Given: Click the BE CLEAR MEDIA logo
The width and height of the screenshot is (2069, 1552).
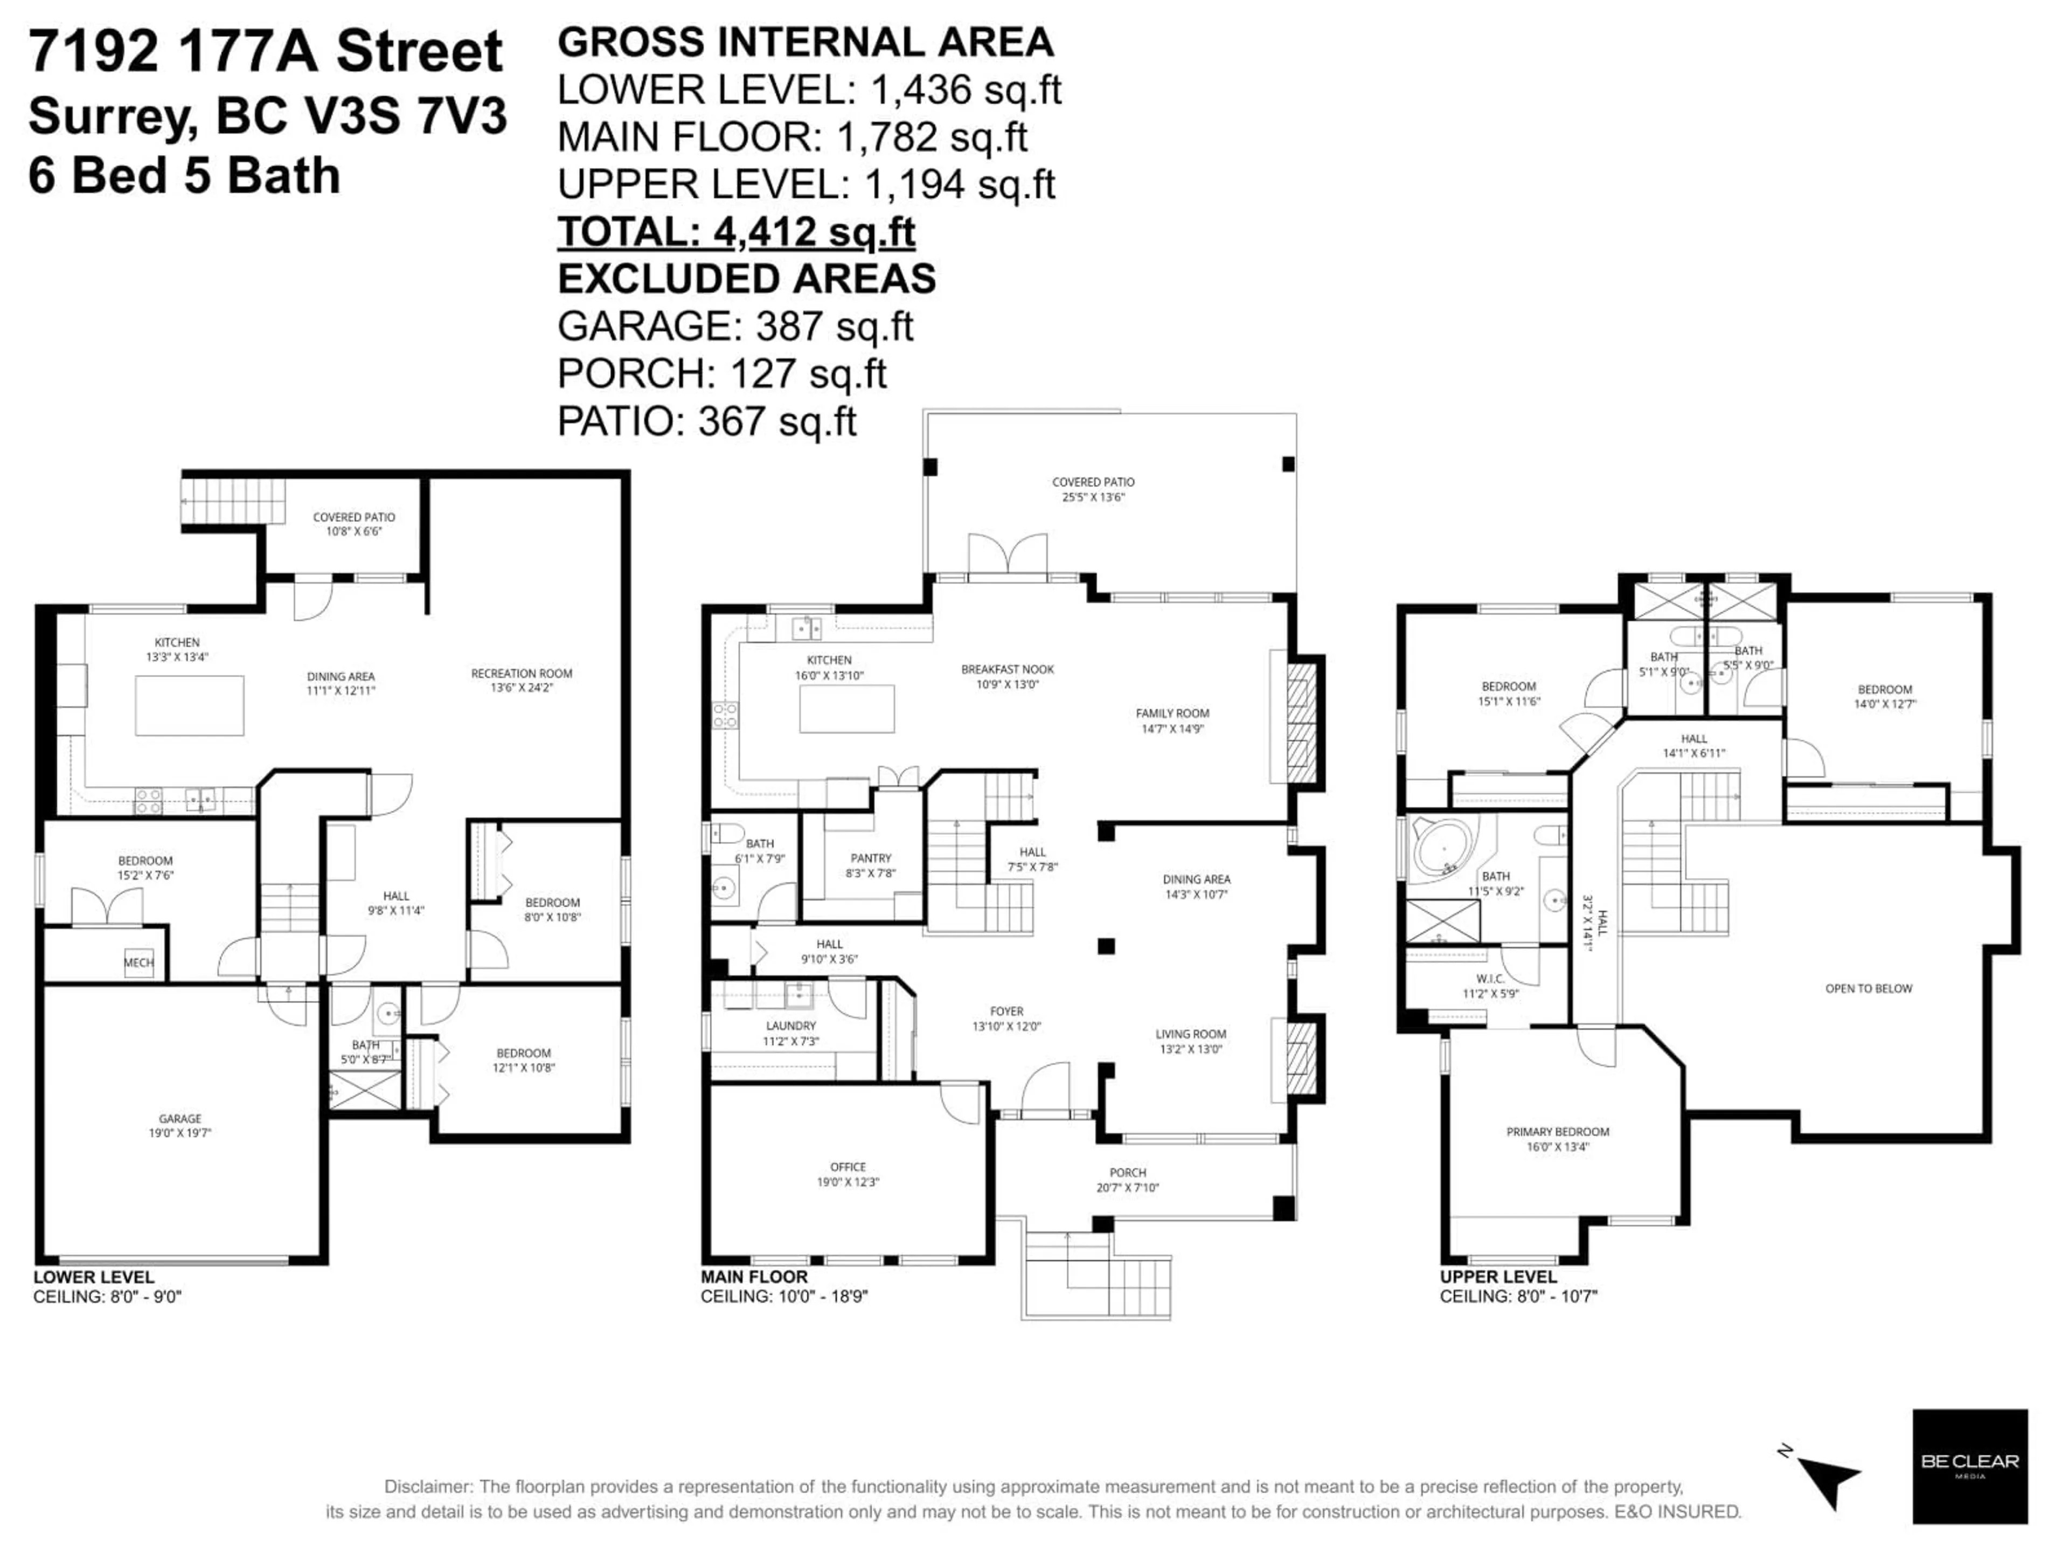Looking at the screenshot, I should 1969,1466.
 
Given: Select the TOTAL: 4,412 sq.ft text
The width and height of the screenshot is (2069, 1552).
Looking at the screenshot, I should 736,232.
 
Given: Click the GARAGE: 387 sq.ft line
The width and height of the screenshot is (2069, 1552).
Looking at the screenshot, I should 735,327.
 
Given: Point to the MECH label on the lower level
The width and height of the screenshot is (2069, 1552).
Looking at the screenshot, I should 138,962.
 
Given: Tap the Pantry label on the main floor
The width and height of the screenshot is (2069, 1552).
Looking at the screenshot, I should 871,864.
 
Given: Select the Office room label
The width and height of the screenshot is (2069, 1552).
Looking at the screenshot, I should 848,1174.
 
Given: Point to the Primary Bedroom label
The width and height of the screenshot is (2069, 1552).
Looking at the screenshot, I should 1557,1139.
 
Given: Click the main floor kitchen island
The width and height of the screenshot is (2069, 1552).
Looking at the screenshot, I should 846,708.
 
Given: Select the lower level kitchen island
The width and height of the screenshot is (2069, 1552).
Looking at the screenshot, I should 189,705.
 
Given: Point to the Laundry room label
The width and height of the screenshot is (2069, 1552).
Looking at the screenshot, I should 790,1033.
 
